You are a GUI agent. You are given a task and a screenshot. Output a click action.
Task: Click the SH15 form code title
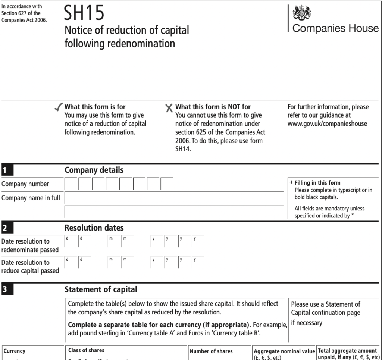[x=84, y=14]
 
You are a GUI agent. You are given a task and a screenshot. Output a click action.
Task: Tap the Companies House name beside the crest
[x=336, y=29]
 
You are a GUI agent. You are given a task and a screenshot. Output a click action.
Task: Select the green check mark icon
[x=59, y=108]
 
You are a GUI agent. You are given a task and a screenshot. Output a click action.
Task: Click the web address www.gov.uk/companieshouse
[x=327, y=124]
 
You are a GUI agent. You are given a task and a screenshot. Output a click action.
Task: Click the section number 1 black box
[x=7, y=170]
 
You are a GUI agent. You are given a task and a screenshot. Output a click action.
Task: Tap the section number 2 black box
[x=7, y=228]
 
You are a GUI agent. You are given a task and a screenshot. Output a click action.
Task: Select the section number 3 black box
[x=7, y=289]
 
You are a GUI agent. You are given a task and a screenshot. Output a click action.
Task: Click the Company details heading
[x=94, y=170]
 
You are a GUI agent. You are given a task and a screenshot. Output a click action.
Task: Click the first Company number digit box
[x=71, y=184]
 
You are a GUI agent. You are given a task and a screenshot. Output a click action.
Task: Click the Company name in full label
[x=31, y=198]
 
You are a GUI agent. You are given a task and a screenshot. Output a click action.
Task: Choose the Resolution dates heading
[x=94, y=228]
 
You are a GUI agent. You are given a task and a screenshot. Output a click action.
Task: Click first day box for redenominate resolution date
[x=71, y=242]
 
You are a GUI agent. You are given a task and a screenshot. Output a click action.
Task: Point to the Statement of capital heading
[x=101, y=289]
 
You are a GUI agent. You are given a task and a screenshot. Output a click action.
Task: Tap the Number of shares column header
[x=211, y=351]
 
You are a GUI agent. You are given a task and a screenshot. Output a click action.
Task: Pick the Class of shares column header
[x=86, y=350]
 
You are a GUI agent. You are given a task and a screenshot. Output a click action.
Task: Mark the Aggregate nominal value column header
[x=284, y=351]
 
